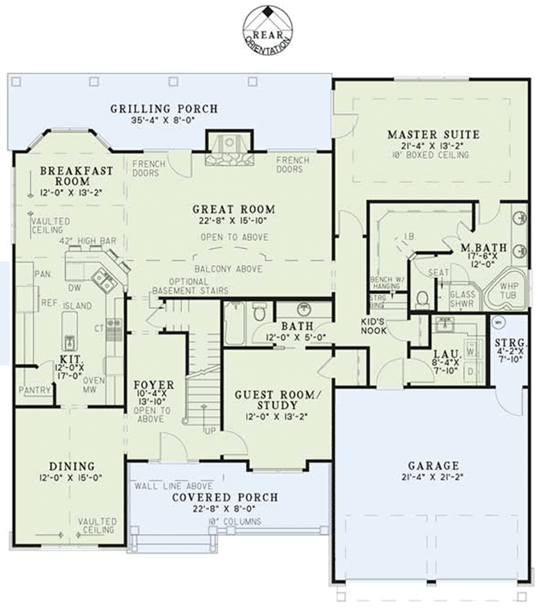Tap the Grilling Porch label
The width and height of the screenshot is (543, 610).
[164, 109]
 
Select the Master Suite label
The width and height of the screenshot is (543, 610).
[433, 135]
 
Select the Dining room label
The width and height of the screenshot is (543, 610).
[72, 466]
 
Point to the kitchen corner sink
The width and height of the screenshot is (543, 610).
[102, 279]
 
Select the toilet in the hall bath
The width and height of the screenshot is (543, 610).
[259, 312]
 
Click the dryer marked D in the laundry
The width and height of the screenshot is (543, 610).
[471, 371]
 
